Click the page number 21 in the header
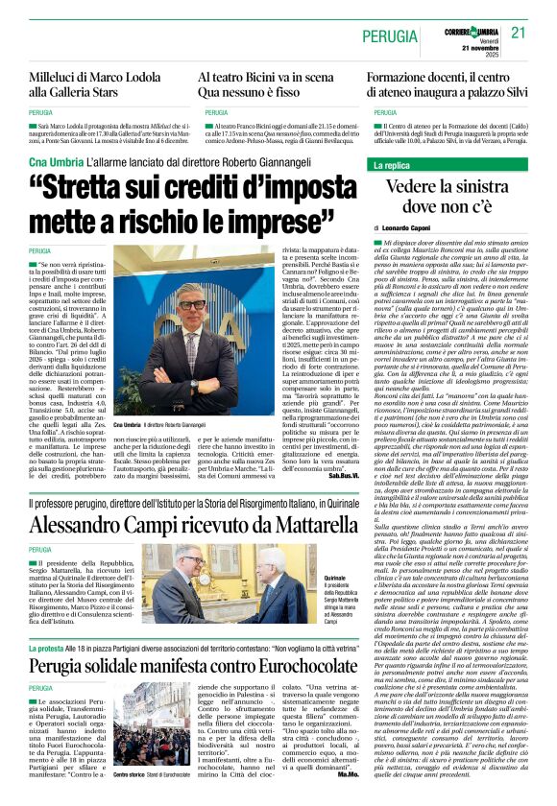(x=520, y=32)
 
